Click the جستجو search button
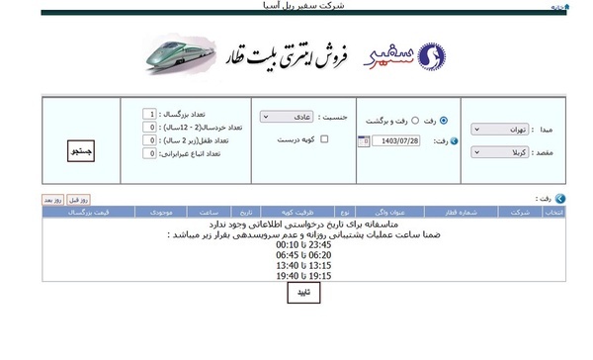tap(80, 151)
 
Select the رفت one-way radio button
tap(443, 120)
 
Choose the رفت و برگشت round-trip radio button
tap(415, 120)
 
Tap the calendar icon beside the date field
tap(364, 140)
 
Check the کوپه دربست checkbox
tap(283, 139)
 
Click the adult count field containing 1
tap(149, 114)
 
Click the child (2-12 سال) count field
tap(149, 128)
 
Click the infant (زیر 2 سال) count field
tap(149, 140)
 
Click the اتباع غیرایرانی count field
tap(149, 153)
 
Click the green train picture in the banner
tap(183, 55)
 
